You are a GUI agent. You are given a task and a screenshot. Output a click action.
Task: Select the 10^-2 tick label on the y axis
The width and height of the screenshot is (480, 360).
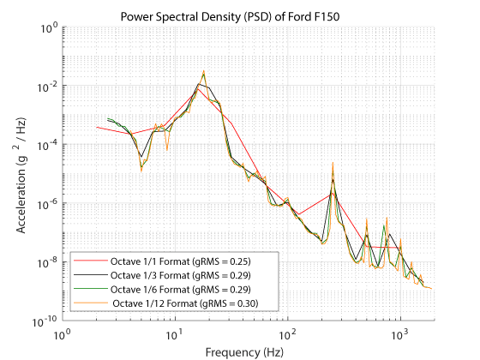47,87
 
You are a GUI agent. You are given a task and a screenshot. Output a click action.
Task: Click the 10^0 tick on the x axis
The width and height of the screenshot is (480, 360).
62,333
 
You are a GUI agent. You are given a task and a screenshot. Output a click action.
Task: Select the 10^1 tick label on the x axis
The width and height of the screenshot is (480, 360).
174,333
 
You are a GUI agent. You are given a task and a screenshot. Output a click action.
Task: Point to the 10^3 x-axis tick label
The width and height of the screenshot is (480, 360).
399,333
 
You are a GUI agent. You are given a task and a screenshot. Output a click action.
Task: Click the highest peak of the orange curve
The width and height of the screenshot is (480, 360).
203,71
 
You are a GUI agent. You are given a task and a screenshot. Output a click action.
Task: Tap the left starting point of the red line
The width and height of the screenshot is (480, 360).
96,127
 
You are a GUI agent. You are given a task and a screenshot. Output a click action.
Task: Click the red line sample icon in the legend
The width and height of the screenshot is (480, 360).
87,260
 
